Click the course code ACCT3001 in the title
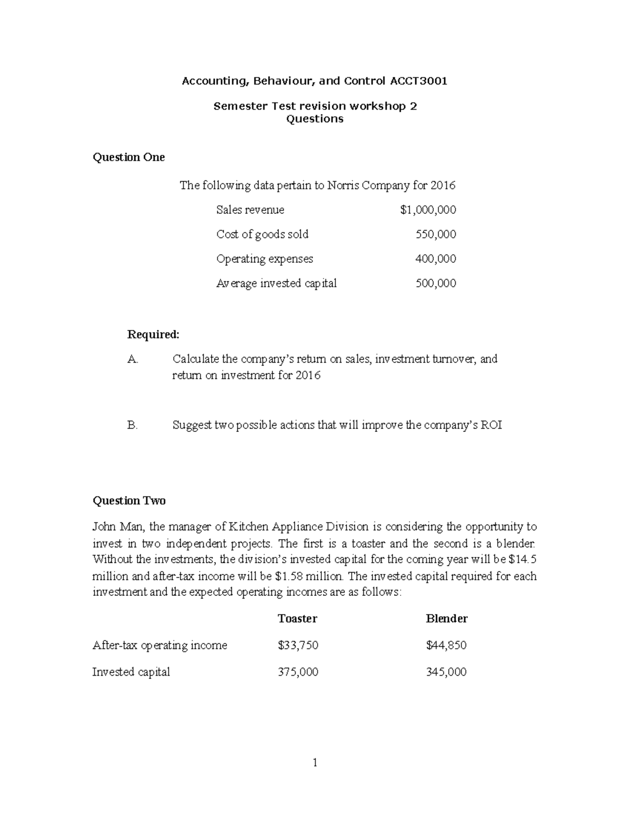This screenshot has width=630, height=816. point(418,81)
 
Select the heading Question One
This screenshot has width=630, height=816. point(129,157)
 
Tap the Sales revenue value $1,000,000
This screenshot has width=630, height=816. point(428,210)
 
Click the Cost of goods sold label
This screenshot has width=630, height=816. point(262,234)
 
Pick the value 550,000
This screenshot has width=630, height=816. point(436,234)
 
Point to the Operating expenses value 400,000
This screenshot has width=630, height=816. point(436,259)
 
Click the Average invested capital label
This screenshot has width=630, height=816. point(276,283)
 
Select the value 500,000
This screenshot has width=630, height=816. point(436,283)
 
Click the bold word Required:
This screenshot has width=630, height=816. point(153,335)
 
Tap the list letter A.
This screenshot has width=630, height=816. point(132,359)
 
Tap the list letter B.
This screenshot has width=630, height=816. point(132,425)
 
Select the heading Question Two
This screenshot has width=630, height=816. point(129,501)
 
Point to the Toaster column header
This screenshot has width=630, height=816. point(297,618)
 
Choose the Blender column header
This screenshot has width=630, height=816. point(446,618)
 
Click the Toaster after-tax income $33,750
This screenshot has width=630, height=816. point(298,645)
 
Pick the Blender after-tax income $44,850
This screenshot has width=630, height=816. point(446,645)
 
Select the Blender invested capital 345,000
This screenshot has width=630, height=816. point(446,672)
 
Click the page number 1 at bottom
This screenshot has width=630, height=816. point(315,762)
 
